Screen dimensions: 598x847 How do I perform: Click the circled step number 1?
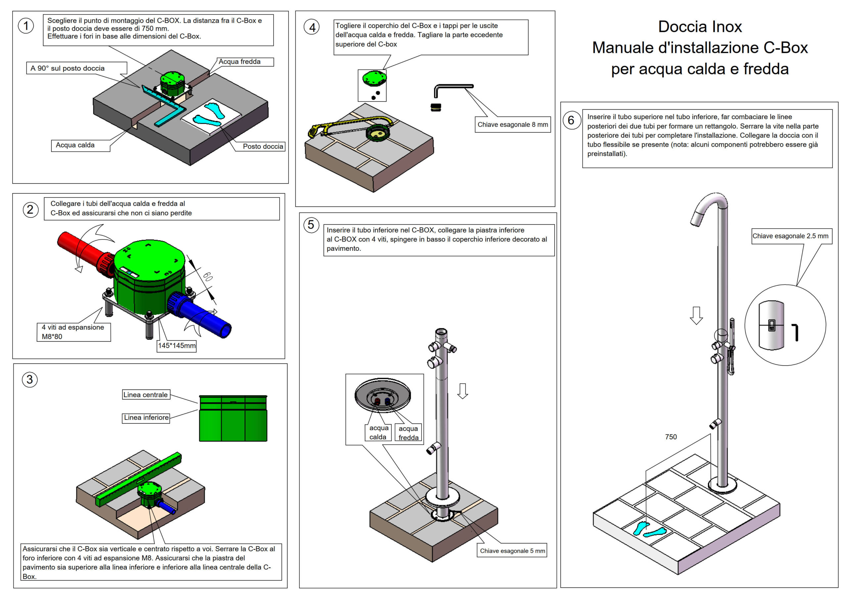coord(26,26)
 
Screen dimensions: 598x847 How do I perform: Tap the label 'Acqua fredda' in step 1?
coord(240,61)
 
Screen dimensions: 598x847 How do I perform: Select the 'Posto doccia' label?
coord(263,146)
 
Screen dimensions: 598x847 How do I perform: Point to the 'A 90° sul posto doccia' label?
coord(67,68)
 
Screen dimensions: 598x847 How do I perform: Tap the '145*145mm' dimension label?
coord(177,346)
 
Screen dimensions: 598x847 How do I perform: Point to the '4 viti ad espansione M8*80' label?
coord(73,332)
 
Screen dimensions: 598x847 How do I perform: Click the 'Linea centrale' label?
coord(145,394)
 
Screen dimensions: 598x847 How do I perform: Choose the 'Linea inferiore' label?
coord(146,418)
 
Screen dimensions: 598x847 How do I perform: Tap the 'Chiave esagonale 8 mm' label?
coord(513,125)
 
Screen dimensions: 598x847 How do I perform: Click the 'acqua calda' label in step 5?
coord(378,432)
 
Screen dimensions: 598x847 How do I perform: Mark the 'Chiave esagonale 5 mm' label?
coord(513,550)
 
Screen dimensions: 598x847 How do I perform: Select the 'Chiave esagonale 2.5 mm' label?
coord(790,236)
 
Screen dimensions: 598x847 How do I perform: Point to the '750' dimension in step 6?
coord(671,437)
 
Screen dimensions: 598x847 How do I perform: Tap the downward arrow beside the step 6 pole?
coord(696,316)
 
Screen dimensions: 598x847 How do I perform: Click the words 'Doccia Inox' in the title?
coord(700,26)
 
